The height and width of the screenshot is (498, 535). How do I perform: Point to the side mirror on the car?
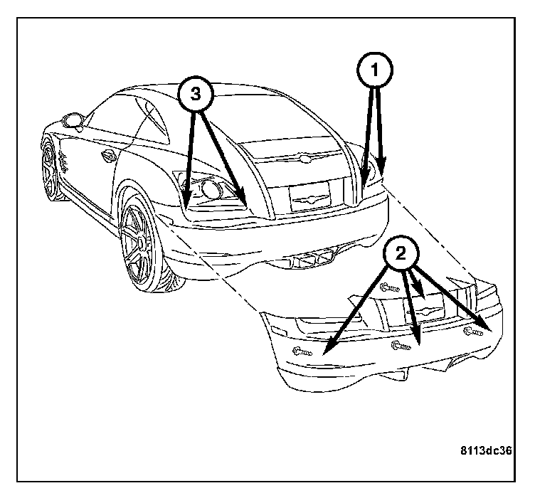72,120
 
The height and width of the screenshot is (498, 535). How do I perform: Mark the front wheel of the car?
50,169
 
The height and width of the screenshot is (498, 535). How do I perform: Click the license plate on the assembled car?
309,195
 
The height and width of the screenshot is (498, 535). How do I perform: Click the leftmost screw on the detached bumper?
302,351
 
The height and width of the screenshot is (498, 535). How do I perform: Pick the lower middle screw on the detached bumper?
400,346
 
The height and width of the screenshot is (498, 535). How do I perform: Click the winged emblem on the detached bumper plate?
426,311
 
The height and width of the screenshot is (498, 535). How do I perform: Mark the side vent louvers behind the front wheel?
63,163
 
